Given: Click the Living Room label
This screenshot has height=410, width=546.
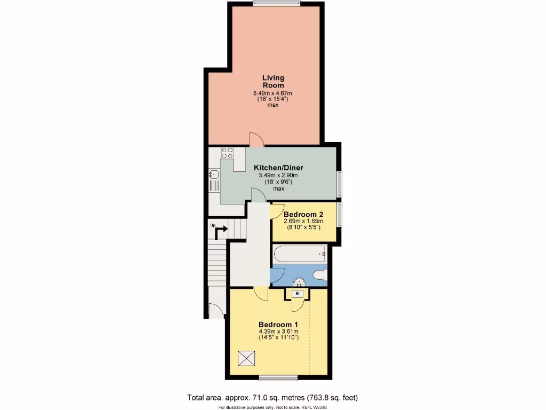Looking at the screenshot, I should (273, 82).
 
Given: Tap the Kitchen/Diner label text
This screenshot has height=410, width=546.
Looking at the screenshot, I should (278, 168).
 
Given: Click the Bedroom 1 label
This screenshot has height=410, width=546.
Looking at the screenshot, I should (278, 325).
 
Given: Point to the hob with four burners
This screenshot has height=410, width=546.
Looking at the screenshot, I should (227, 153).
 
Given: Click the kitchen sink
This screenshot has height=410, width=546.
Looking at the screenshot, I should (214, 174).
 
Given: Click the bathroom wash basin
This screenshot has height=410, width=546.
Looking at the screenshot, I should (299, 281).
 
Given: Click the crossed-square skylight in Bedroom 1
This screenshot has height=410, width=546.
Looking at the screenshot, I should (247, 358).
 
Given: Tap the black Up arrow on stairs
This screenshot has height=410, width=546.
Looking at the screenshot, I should (220, 230).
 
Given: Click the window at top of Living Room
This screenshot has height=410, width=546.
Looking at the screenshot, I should (276, 4).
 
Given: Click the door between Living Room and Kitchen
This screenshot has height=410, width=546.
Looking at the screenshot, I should (256, 140).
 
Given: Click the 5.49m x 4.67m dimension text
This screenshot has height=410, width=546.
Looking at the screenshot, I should (273, 93).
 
